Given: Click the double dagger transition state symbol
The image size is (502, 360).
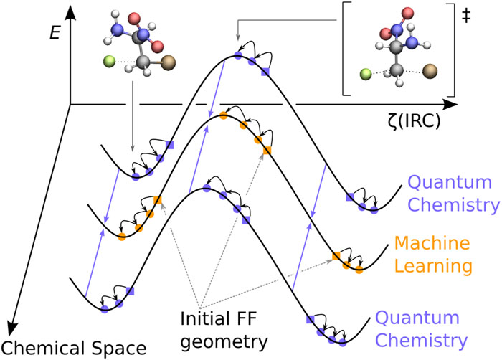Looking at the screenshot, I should (467, 14).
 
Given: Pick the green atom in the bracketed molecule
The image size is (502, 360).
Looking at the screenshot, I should (366, 73).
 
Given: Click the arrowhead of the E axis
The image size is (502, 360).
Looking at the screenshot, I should (69, 11).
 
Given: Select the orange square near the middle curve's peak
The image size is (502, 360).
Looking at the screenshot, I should (267, 150).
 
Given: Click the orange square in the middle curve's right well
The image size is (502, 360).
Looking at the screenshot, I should (336, 256).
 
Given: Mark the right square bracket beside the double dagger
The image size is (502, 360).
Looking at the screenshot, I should (452, 50).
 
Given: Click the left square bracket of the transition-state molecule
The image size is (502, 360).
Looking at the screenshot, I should (346, 50).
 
